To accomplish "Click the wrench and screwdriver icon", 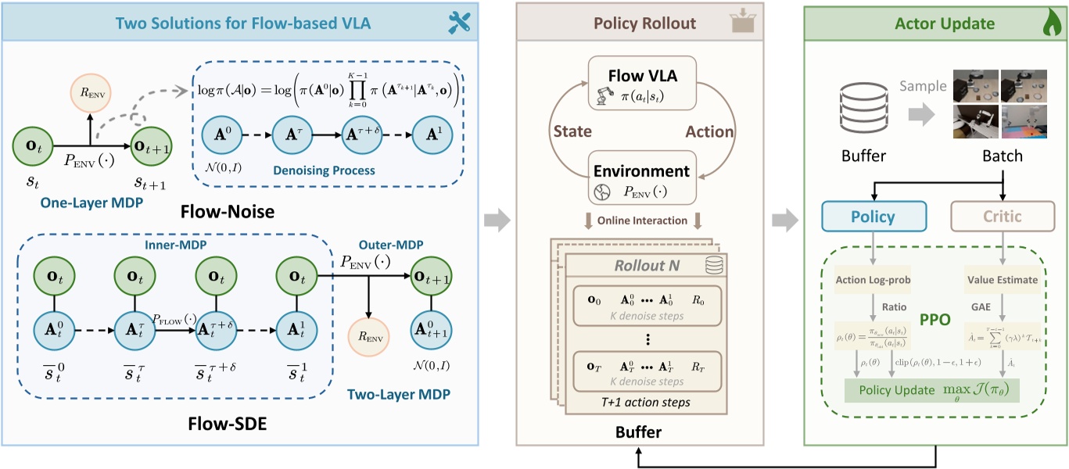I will click(x=459, y=23).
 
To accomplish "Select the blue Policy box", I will click(x=873, y=217).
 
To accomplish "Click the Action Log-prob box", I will click(x=874, y=279).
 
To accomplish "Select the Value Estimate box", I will click(x=1002, y=279).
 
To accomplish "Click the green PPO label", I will click(x=937, y=320).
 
